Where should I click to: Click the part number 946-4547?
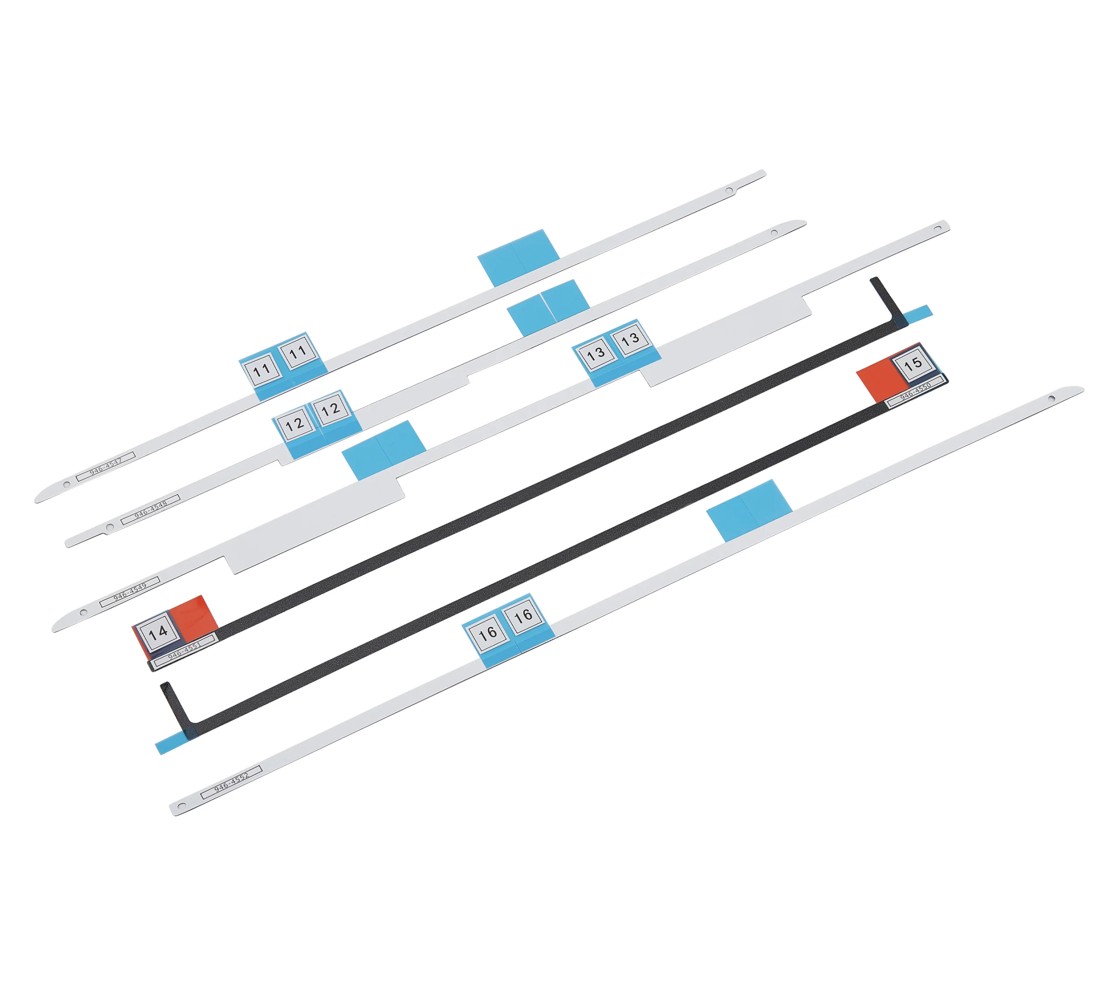(106, 465)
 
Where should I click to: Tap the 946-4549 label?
(130, 591)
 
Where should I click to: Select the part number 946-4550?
(915, 390)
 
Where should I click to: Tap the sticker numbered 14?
(158, 632)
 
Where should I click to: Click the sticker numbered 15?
(912, 364)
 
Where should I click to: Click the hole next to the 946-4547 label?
(67, 484)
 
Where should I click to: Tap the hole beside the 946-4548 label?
(110, 526)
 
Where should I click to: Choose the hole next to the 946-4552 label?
(183, 805)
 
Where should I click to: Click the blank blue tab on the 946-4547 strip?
(518, 257)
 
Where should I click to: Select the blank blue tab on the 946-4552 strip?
(749, 511)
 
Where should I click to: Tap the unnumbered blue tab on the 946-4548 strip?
(548, 308)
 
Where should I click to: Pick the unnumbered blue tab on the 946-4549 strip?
(384, 450)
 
